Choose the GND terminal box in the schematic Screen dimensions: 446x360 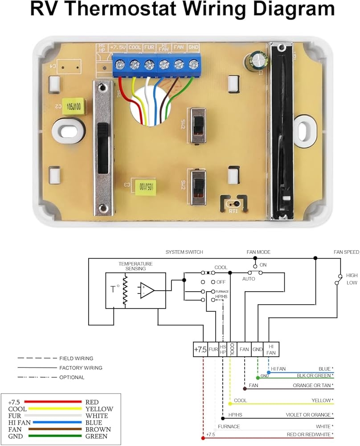click(258, 350)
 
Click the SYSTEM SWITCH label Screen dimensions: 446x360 click(184, 252)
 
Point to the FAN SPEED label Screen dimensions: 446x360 click(346, 252)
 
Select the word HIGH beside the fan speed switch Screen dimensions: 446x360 click(352, 276)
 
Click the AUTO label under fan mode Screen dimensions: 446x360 click(249, 278)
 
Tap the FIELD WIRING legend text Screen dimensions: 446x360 click(76, 358)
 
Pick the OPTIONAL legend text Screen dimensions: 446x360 click(72, 377)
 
